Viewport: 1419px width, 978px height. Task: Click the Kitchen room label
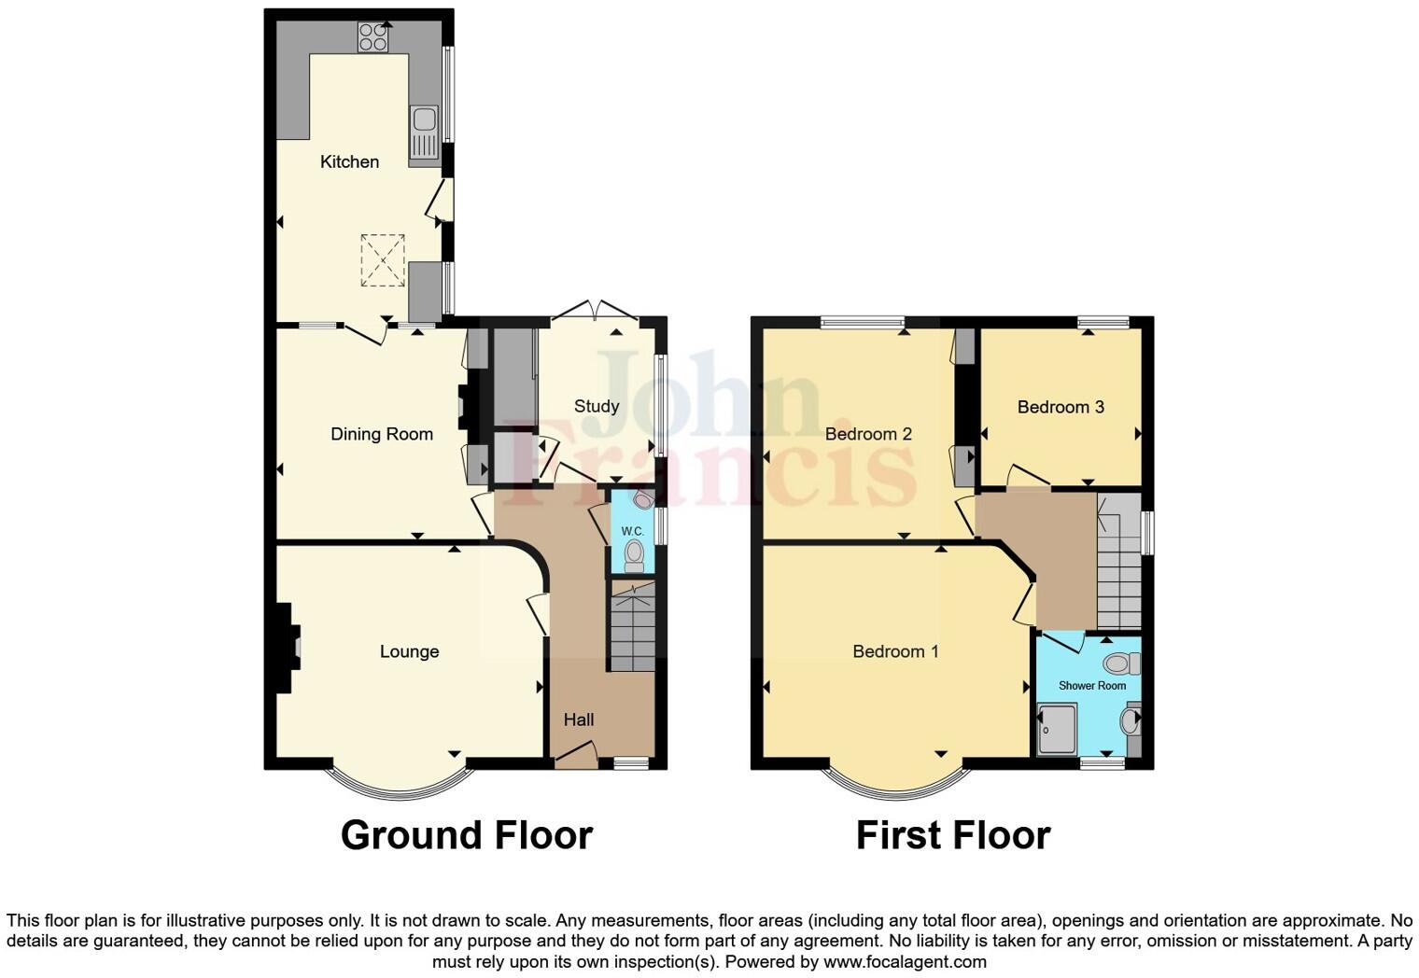pyautogui.click(x=349, y=161)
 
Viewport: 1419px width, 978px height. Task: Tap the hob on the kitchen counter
pyautogui.click(x=372, y=37)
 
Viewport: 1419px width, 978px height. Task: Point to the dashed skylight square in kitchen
pyautogui.click(x=383, y=259)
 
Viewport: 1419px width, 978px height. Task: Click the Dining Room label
pyautogui.click(x=382, y=434)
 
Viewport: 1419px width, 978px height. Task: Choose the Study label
pyautogui.click(x=596, y=406)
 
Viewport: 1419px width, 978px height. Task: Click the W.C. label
pyautogui.click(x=632, y=531)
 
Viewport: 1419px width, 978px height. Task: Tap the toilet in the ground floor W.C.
pyautogui.click(x=635, y=556)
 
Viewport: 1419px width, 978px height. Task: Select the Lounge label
pyautogui.click(x=409, y=651)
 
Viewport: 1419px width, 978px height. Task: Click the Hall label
pyautogui.click(x=579, y=720)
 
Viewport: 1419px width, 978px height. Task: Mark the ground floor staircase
pyautogui.click(x=633, y=626)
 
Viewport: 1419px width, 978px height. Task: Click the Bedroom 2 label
pyautogui.click(x=868, y=434)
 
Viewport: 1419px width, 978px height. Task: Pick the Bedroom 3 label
pyautogui.click(x=1061, y=407)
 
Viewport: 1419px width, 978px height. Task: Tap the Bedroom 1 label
pyautogui.click(x=895, y=651)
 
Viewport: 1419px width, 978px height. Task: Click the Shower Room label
pyautogui.click(x=1091, y=686)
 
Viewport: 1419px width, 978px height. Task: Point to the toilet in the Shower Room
pyautogui.click(x=1119, y=664)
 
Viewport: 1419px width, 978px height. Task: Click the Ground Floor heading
pyautogui.click(x=466, y=835)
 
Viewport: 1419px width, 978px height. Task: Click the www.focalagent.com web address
pyautogui.click(x=905, y=962)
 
